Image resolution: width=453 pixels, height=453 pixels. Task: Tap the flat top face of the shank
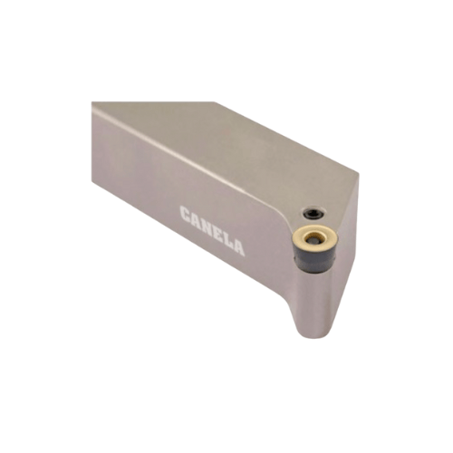point(226,145)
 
